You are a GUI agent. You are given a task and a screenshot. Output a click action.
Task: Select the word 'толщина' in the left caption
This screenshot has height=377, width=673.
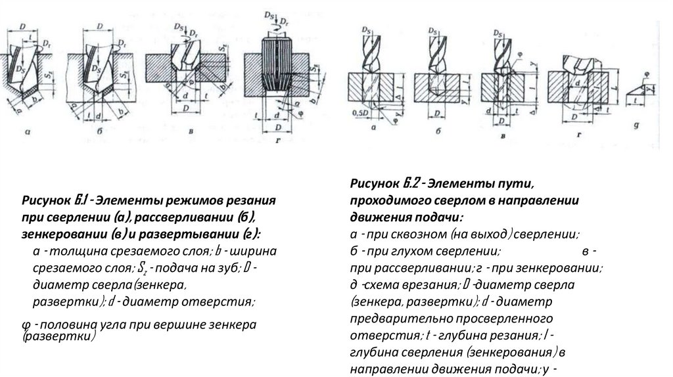pos(72,251)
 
